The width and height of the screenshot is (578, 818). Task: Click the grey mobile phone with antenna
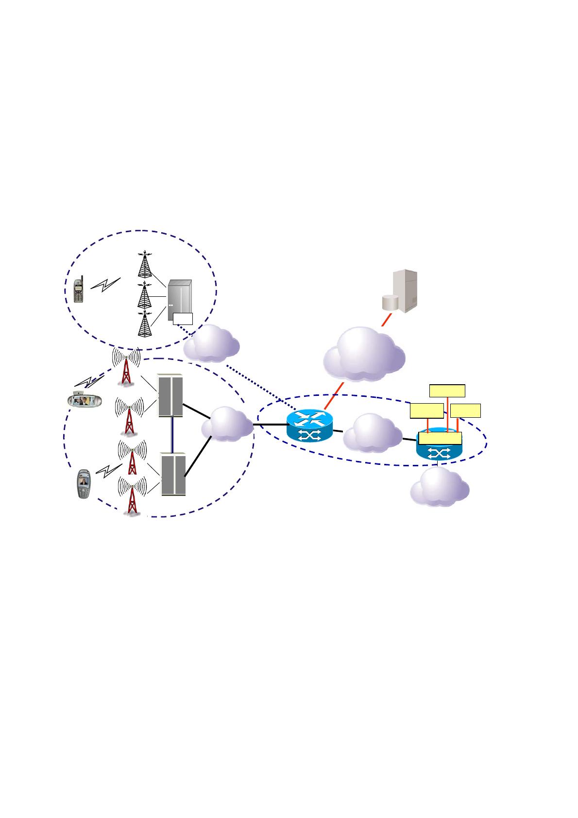coord(79,290)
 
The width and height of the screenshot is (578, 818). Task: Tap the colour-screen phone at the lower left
coord(84,484)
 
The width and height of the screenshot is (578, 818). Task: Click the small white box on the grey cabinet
coord(183,319)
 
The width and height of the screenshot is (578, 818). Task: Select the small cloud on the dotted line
coord(212,343)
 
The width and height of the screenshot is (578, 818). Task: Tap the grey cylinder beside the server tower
coord(390,302)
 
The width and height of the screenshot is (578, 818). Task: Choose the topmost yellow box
coord(447,391)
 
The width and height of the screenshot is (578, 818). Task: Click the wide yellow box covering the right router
coord(440,439)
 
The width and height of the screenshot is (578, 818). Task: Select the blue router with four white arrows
coord(309,426)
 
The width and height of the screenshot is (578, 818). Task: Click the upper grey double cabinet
coord(171,395)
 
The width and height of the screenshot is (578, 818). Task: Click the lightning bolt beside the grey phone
coord(106,286)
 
